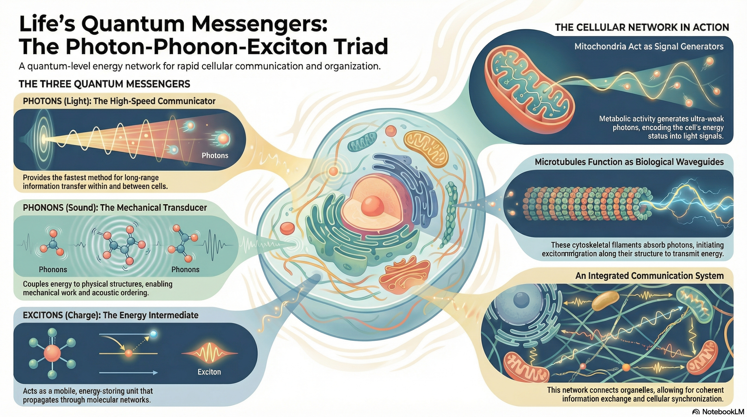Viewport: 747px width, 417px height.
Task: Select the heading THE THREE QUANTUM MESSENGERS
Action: (104, 84)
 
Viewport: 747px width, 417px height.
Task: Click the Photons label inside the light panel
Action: (215, 155)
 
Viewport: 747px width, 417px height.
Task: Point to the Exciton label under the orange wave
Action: (209, 372)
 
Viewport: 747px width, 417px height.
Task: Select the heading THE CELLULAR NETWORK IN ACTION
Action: (642, 28)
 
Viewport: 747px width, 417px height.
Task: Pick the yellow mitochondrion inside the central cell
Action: (425, 148)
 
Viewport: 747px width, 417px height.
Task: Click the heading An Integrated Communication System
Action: (649, 276)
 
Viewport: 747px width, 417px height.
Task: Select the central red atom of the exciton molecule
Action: (52, 353)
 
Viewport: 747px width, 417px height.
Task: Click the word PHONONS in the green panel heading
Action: (43, 208)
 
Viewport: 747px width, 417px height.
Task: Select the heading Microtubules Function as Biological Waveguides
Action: (629, 162)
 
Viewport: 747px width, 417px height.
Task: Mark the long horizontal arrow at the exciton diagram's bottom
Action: (128, 373)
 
